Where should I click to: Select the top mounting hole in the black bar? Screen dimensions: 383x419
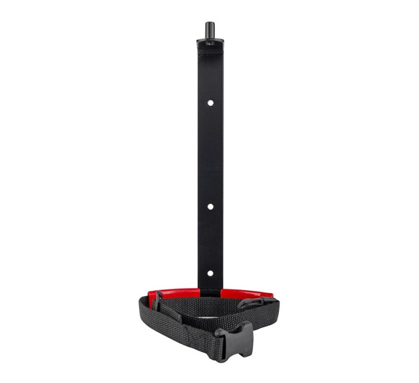210,103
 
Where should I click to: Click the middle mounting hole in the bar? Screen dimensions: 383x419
210,206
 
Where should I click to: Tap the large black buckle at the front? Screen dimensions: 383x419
236,336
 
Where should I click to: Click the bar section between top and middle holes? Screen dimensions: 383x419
210,154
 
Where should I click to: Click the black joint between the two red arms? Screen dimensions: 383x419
210,289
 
